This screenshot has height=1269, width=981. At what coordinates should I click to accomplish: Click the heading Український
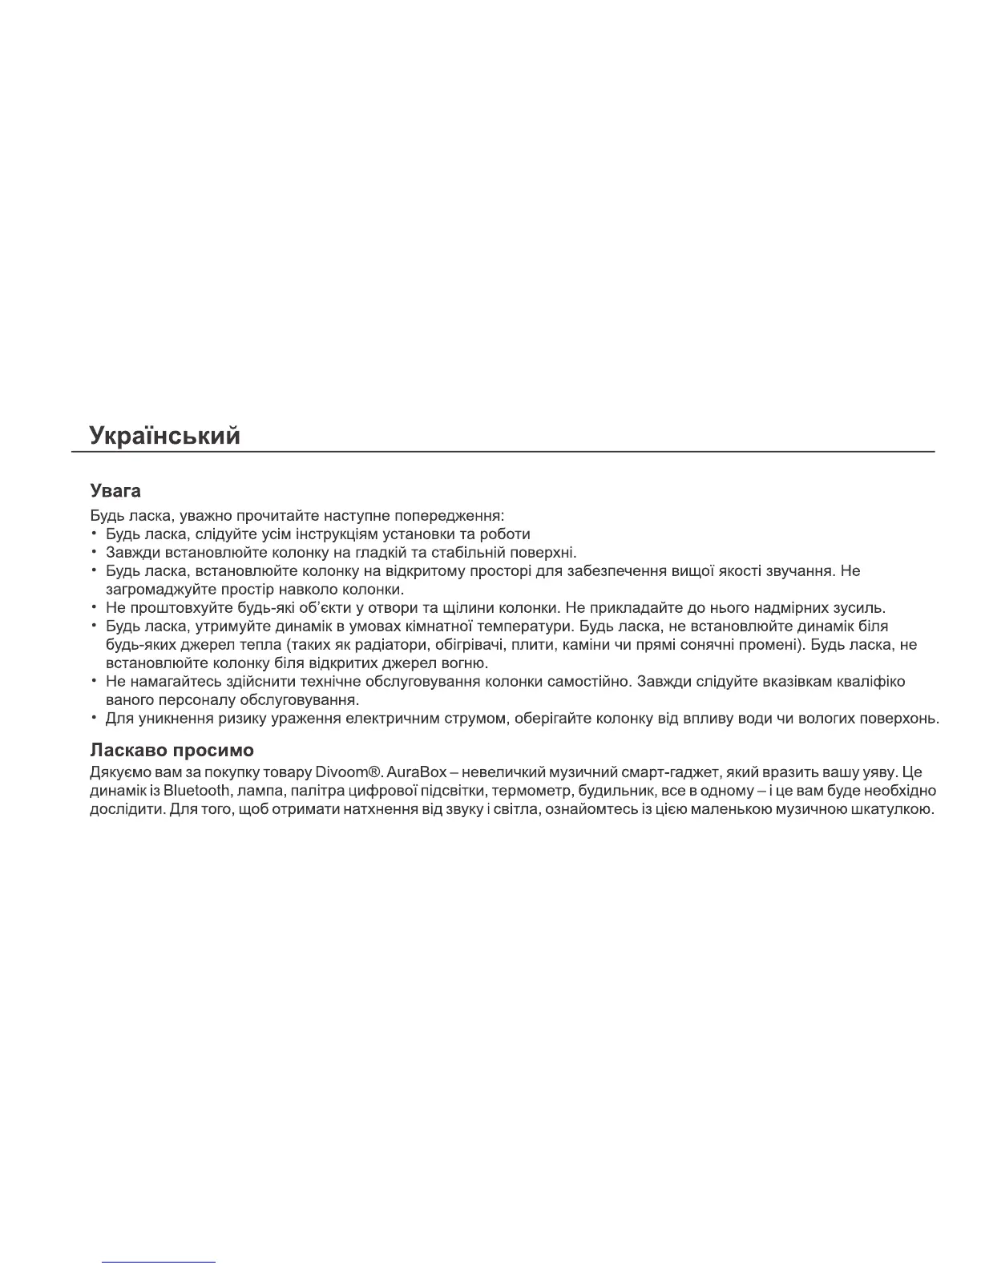pos(165,436)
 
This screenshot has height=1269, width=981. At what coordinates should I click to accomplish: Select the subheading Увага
pos(116,490)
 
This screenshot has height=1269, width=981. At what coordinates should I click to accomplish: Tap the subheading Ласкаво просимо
pos(172,751)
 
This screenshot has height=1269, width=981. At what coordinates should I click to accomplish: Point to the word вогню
pos(465,663)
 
